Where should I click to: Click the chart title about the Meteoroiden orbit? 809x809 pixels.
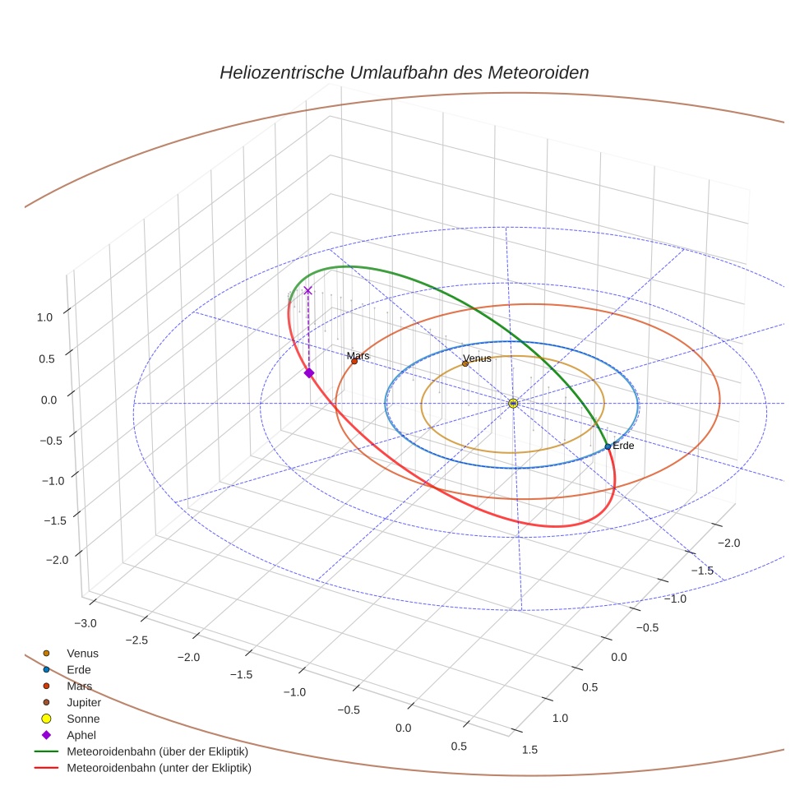click(x=404, y=72)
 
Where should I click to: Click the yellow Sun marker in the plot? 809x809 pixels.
click(x=513, y=403)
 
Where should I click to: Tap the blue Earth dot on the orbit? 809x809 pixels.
click(x=608, y=446)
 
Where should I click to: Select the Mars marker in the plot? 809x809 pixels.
click(x=354, y=361)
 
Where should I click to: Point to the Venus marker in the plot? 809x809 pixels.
click(x=465, y=363)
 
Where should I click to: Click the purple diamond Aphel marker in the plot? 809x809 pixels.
click(x=309, y=373)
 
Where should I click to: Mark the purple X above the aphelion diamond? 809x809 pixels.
click(x=307, y=290)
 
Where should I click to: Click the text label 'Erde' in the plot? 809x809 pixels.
click(x=623, y=446)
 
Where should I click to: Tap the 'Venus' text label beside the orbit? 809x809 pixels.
click(x=478, y=358)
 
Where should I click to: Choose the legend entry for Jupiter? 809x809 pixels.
click(x=83, y=702)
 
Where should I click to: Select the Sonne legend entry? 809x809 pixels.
click(x=83, y=719)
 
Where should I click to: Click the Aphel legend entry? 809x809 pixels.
click(x=81, y=735)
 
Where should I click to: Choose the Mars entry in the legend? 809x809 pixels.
click(x=79, y=686)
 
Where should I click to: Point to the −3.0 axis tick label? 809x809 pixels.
click(x=86, y=622)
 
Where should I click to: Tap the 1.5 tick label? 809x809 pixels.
click(x=529, y=749)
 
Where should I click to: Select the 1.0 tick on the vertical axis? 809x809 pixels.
click(x=45, y=317)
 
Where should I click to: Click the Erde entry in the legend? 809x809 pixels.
click(x=79, y=669)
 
